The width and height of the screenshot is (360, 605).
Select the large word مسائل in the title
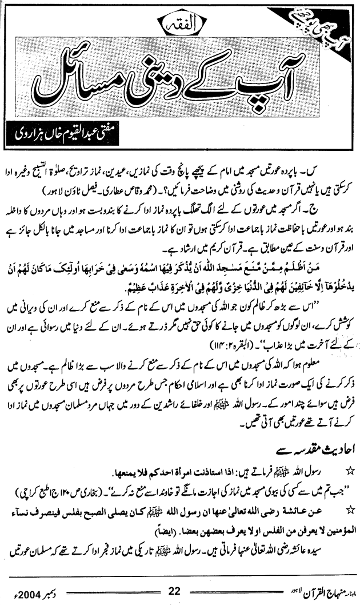(x=74, y=79)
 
